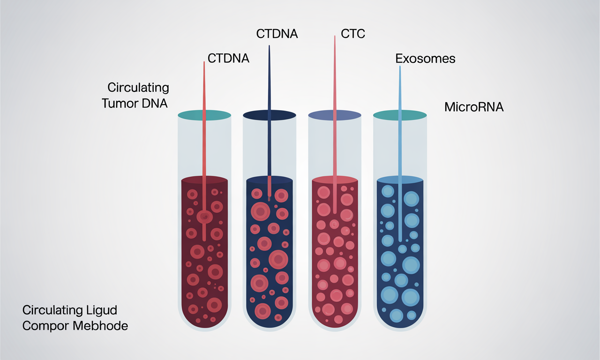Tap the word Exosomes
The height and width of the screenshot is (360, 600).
point(425,59)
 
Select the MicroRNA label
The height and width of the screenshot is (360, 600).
point(473,107)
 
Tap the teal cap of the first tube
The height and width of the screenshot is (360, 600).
point(204,114)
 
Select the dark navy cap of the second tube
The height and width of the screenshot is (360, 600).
point(269,114)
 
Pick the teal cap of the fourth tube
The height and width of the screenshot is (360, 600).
point(399,114)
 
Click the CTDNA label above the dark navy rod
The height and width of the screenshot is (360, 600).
point(277,34)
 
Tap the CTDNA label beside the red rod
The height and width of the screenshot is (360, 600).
point(228,59)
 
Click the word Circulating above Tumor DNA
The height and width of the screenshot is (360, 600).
point(138,87)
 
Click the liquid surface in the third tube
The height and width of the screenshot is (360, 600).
point(335,180)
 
